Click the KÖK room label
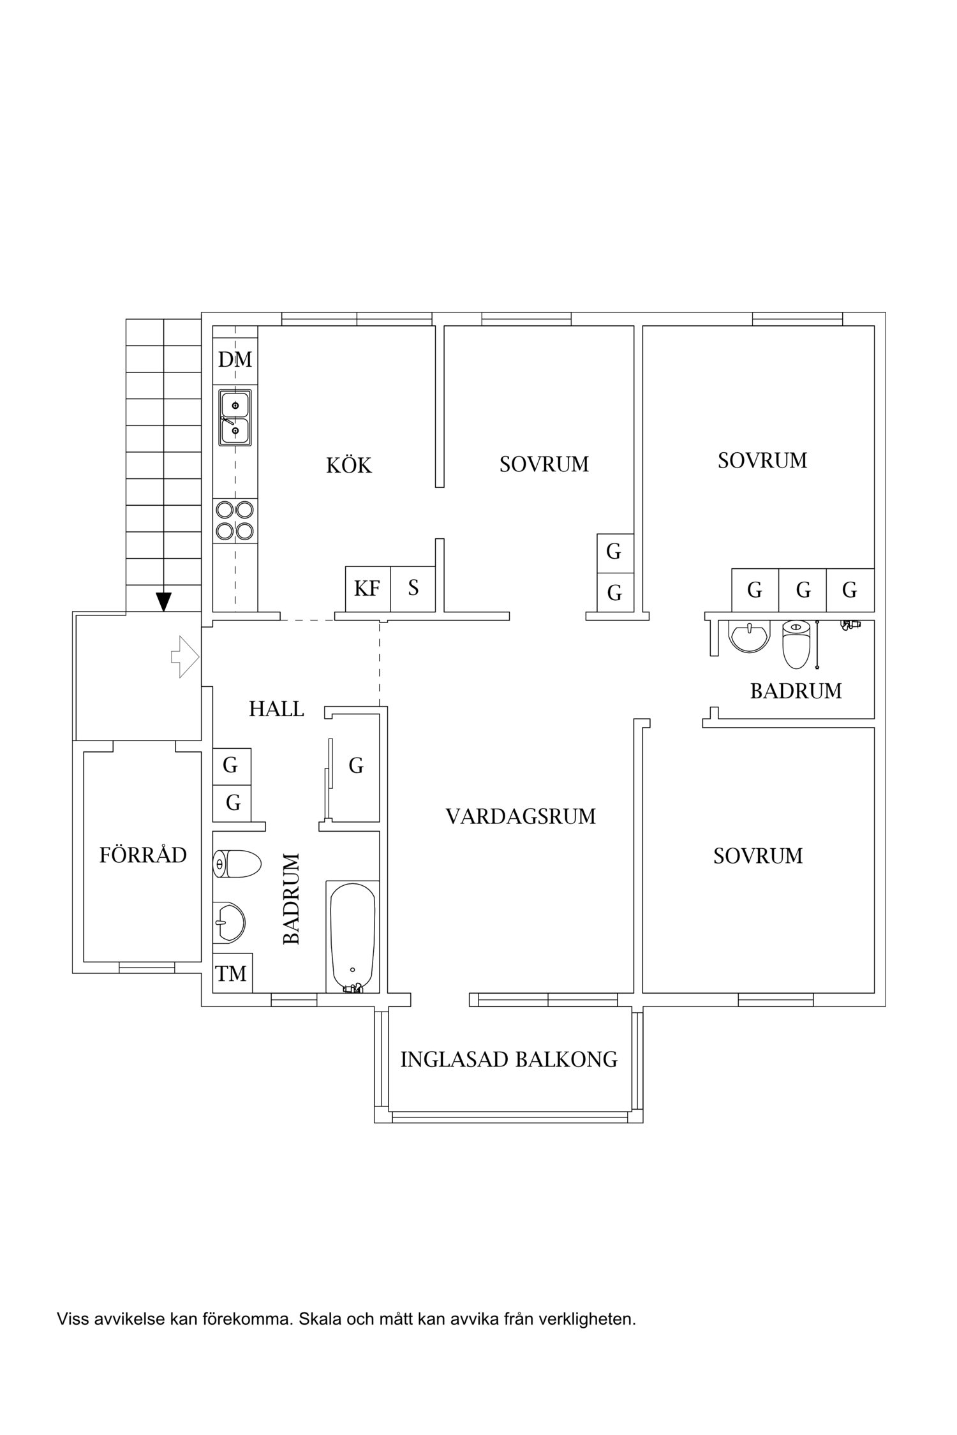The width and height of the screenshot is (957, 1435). [348, 466]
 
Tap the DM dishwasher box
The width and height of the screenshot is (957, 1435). [235, 360]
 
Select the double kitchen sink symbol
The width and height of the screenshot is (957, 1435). [235, 418]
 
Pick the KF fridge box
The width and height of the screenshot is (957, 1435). [367, 589]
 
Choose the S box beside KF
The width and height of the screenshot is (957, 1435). [413, 589]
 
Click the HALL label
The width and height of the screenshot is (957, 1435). [276, 709]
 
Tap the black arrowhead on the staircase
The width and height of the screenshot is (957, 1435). [164, 601]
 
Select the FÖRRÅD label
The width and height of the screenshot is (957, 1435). [143, 855]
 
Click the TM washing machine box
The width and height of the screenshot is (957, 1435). [232, 974]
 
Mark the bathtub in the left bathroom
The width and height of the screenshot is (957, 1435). [352, 936]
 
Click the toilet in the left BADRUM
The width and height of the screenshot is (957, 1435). [237, 865]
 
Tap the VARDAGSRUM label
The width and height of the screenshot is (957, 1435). [521, 817]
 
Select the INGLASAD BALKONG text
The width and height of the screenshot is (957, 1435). [508, 1059]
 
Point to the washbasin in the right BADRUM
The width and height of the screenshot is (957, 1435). [749, 637]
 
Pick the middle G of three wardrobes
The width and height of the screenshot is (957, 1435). [803, 591]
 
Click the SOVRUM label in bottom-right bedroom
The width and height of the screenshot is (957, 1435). [758, 856]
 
